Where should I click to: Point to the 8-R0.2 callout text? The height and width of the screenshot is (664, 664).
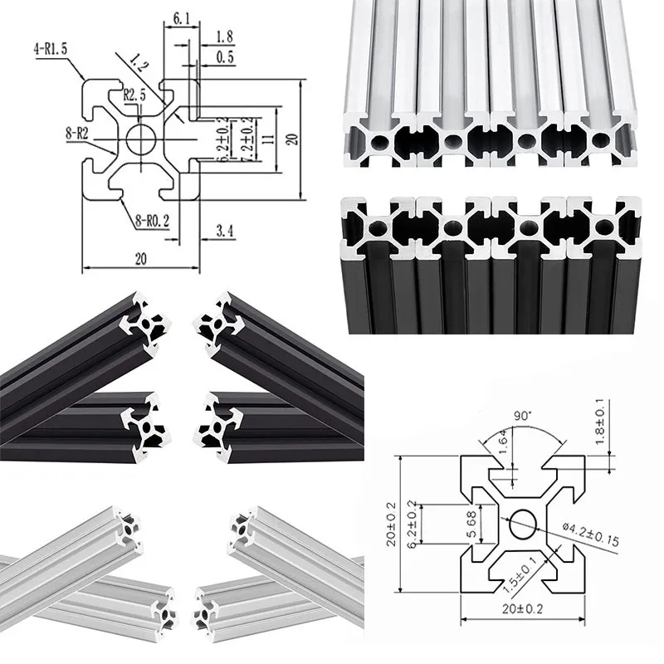coord(153,221)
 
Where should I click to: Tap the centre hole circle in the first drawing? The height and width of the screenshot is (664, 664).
coord(142,139)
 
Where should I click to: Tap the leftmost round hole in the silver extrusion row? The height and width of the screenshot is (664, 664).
coord(378,142)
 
